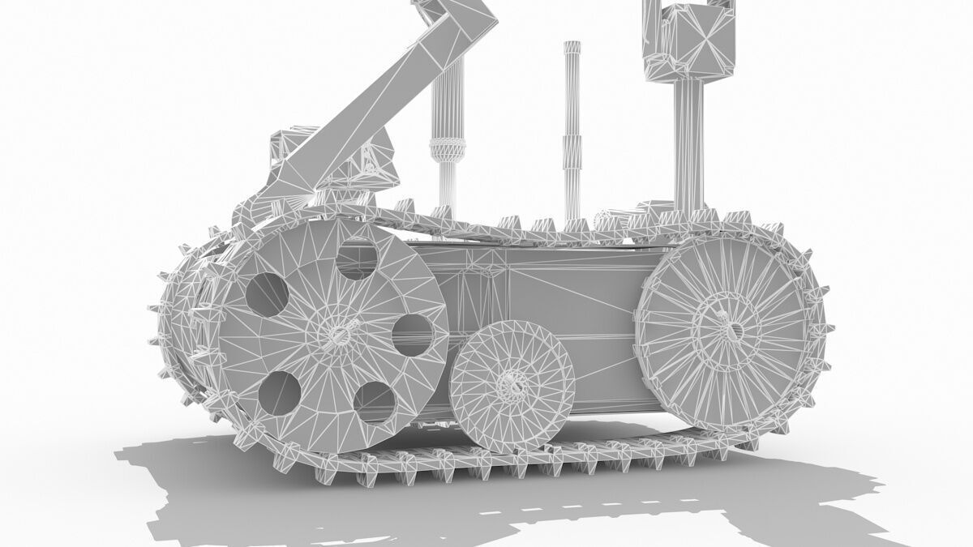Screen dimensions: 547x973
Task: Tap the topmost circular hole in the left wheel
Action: (x=357, y=259)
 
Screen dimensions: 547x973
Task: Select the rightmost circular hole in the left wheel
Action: (x=412, y=335)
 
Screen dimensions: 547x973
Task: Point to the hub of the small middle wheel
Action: (x=512, y=384)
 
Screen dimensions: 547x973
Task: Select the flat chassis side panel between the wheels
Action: (x=551, y=300)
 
